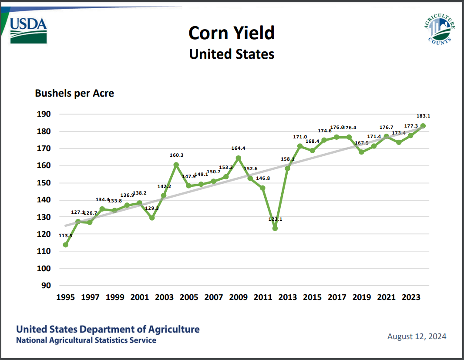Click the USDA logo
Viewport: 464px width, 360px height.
pos(28,30)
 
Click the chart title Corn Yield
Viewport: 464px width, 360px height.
pos(232,33)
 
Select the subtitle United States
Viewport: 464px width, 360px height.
pos(232,54)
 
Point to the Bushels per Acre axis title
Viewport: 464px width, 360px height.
pos(74,93)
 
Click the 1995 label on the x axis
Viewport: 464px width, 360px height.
pos(65,297)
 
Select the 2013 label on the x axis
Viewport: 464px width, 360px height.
pos(287,297)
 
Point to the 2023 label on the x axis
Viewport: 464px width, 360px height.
pos(410,297)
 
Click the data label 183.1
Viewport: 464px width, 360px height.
pos(423,116)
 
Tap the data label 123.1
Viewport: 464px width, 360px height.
pos(275,219)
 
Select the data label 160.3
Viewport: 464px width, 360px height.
pos(176,155)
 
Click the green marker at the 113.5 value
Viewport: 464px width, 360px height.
pos(65,245)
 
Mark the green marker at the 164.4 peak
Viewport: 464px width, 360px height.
pos(238,158)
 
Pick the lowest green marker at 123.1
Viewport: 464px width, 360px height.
pos(275,228)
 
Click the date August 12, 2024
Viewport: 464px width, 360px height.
pos(417,336)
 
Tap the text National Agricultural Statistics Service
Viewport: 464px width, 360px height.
pos(86,340)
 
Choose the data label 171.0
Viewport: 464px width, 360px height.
pos(300,137)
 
